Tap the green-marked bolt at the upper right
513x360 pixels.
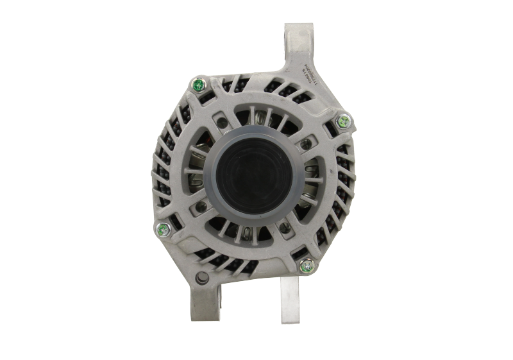coord(343,119)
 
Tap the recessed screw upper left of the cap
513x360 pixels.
coord(221,119)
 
